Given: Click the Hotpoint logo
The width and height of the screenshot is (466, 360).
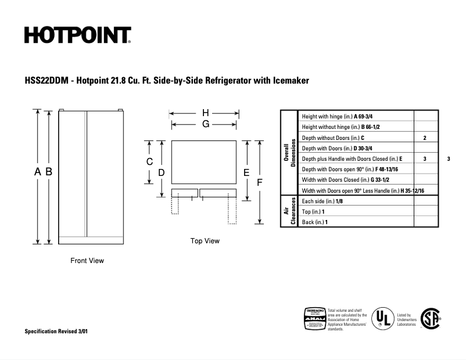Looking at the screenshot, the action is point(77,35).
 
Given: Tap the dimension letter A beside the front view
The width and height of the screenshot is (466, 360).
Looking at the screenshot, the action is point(38,171).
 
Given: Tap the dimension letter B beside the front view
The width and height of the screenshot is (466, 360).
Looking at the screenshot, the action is point(49,171).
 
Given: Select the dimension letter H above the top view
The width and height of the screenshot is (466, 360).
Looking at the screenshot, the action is point(206,113).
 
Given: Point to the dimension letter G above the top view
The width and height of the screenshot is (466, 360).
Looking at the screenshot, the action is point(206,124).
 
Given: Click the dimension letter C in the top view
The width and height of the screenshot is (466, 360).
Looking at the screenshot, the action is point(149,162).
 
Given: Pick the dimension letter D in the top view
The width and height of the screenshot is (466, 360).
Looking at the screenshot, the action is point(162,172).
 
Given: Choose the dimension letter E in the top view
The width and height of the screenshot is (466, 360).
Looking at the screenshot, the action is point(246,172).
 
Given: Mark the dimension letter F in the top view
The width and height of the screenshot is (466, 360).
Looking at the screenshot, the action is point(260,182).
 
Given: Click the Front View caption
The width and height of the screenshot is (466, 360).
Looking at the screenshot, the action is point(87,261).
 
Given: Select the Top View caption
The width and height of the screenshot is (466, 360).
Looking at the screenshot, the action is point(205,241).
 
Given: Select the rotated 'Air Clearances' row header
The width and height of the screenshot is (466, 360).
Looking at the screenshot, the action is point(289,211).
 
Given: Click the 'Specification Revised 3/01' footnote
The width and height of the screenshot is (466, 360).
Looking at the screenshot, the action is point(56,331).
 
